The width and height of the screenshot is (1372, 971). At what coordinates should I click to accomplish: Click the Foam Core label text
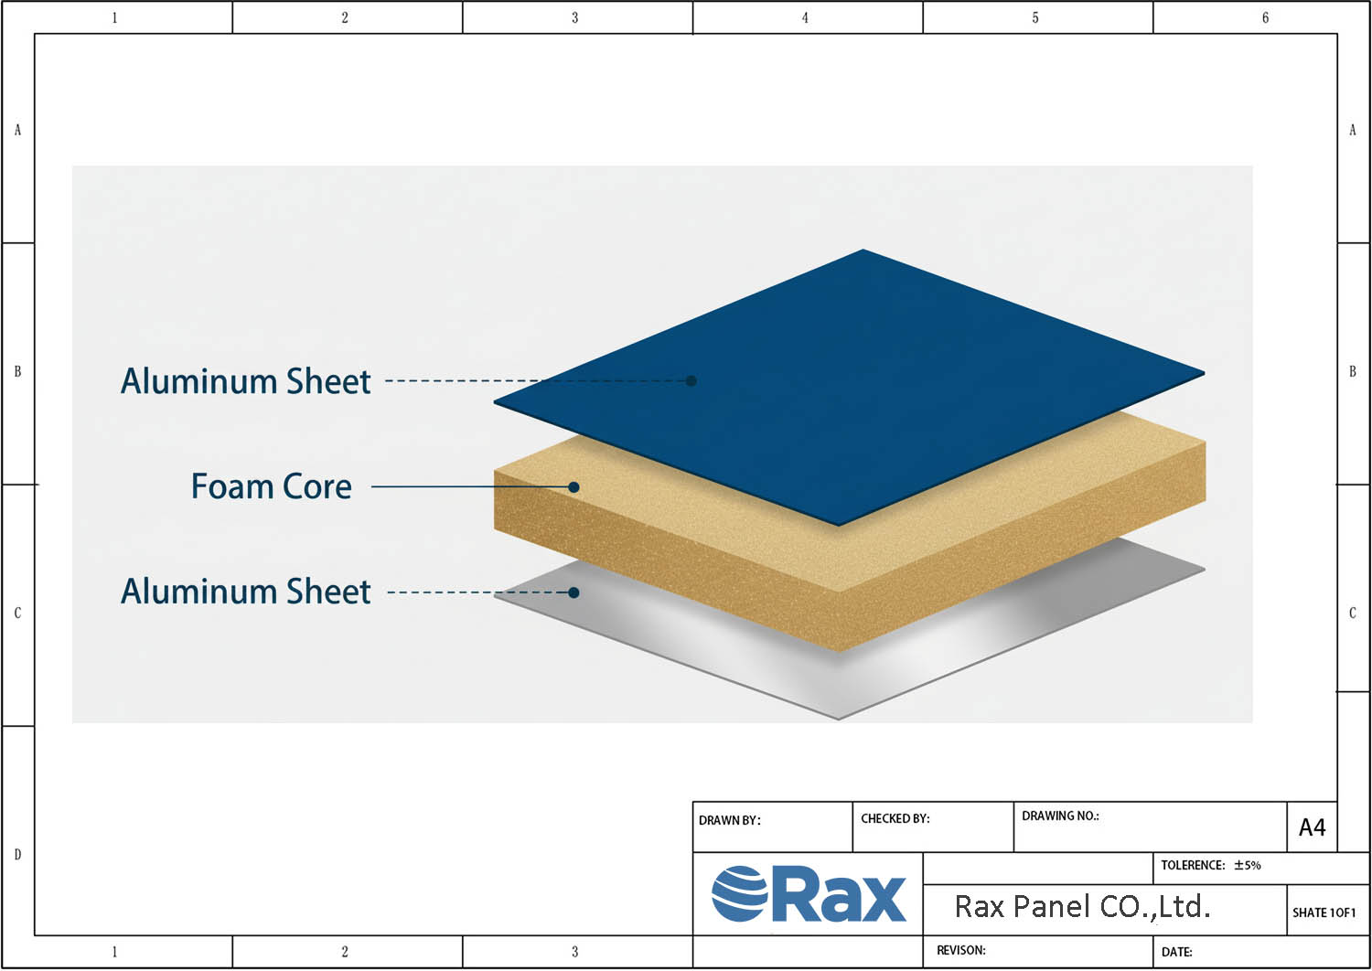272,486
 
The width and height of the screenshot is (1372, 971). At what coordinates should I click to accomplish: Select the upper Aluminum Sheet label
246,380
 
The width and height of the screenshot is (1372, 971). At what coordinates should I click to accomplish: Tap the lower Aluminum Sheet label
246,592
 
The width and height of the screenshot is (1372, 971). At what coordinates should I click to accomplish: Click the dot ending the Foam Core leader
573,487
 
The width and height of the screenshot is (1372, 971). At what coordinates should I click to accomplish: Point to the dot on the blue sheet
691,380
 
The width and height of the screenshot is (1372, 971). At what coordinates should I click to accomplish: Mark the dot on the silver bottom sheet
573,592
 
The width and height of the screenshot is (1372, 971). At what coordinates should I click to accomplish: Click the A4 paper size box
1312,827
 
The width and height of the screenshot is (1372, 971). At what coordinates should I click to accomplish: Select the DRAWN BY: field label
730,820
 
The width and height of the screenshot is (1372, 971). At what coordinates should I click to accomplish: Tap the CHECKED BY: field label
895,818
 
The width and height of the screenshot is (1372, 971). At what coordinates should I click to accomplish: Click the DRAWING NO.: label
1060,816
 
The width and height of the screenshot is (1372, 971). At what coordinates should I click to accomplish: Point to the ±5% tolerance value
1247,865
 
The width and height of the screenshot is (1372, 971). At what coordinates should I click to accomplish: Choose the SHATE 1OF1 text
1324,912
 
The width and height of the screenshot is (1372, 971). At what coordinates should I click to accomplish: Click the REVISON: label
961,950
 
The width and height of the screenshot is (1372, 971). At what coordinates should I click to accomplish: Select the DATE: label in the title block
1176,952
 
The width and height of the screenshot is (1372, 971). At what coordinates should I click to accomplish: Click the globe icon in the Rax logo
740,894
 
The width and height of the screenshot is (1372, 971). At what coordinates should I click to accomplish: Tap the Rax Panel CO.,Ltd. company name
1082,907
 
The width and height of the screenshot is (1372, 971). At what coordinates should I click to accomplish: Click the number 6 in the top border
1265,17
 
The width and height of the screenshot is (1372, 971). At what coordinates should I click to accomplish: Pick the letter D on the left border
17,855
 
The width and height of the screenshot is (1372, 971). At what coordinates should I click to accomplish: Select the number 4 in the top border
805,17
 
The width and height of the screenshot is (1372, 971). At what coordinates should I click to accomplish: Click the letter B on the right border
1353,371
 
